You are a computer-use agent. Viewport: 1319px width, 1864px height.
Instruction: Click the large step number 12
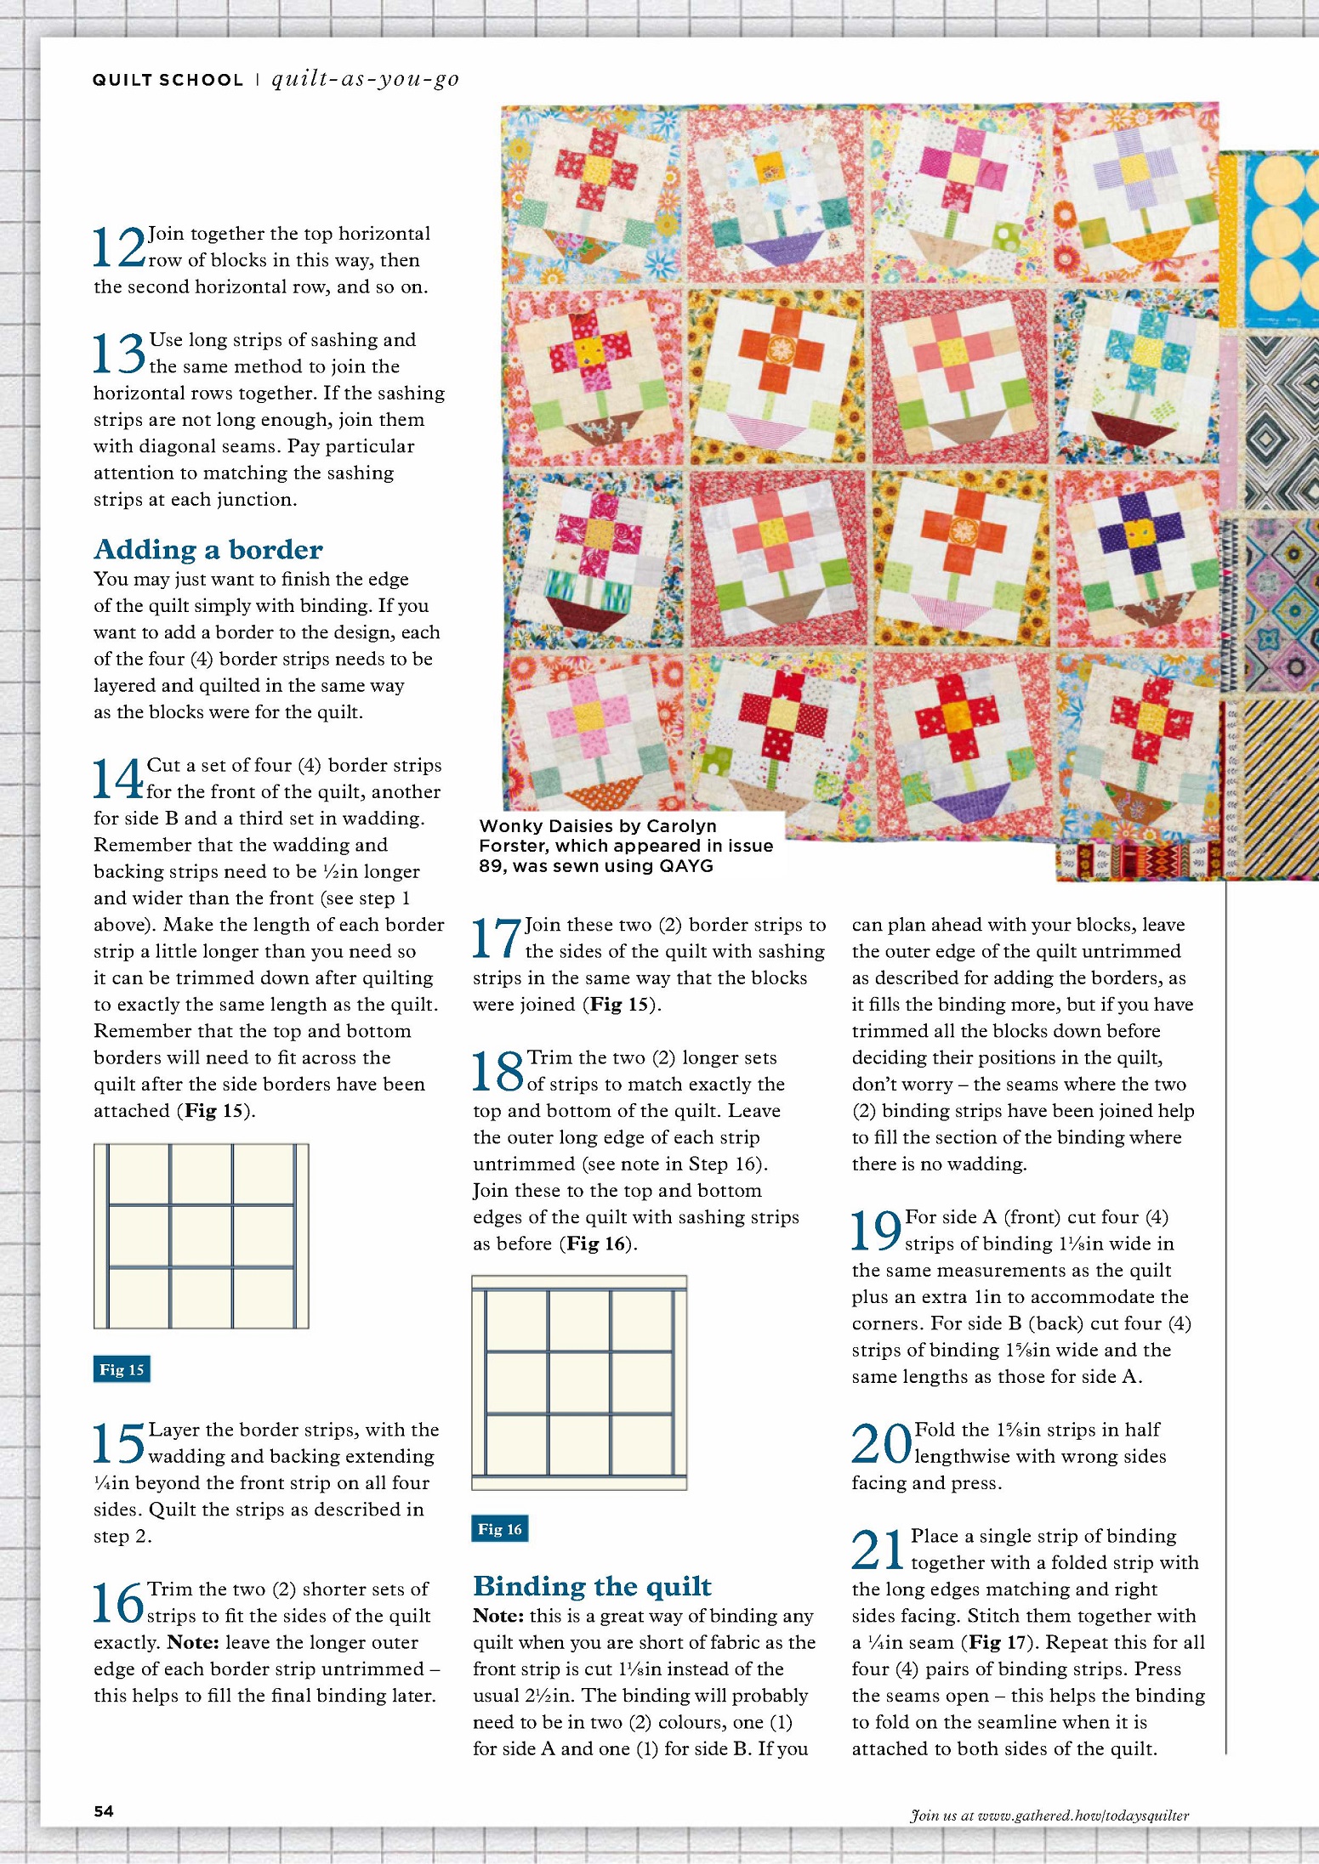click(x=119, y=247)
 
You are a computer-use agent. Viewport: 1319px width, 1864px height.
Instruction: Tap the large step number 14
click(x=117, y=779)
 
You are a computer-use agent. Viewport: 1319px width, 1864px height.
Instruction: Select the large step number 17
click(x=497, y=938)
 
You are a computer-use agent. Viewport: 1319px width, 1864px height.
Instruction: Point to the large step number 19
click(x=876, y=1231)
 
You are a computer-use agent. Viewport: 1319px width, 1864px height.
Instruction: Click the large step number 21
click(x=878, y=1550)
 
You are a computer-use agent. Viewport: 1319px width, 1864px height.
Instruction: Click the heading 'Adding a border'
click(x=208, y=549)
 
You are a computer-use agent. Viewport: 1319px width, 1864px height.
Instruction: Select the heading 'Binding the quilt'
click(x=592, y=1586)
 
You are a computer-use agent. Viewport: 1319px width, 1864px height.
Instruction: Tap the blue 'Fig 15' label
click(x=122, y=1369)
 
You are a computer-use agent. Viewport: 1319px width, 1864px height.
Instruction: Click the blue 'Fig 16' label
click(x=500, y=1529)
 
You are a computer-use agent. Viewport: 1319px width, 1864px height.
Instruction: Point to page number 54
click(x=104, y=1811)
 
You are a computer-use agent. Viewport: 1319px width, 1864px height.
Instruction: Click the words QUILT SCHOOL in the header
click(x=168, y=80)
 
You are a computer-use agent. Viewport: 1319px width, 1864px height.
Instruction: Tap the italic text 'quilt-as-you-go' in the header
click(x=365, y=79)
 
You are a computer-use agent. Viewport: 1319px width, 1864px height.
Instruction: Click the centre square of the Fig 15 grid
click(x=202, y=1236)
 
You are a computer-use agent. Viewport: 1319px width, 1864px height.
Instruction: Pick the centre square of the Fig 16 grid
click(x=579, y=1383)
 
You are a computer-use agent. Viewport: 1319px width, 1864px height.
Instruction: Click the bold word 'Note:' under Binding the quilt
click(x=497, y=1616)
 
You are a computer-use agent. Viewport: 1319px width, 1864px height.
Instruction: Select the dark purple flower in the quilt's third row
click(x=1136, y=535)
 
